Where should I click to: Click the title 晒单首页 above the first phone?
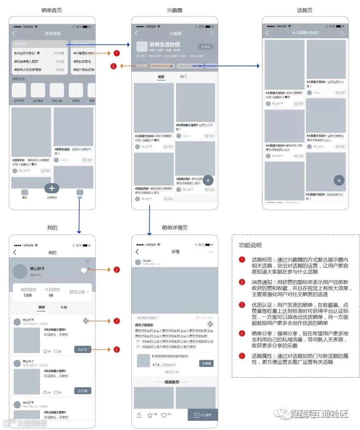(52, 10)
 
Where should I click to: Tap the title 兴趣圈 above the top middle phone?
(174, 10)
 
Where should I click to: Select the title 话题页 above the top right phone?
(305, 10)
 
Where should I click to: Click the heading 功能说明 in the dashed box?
(250, 245)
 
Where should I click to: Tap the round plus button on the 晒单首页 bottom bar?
(52, 189)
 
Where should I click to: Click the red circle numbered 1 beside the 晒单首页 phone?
(116, 53)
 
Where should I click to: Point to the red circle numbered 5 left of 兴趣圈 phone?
(113, 66)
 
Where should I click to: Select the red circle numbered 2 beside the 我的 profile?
(116, 269)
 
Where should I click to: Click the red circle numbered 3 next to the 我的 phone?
(116, 321)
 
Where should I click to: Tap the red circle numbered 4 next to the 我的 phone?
(116, 349)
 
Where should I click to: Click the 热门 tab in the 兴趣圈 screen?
(183, 77)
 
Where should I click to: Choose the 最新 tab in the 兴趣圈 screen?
(161, 77)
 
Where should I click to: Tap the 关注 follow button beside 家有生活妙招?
(205, 47)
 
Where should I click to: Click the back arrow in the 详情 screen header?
(137, 251)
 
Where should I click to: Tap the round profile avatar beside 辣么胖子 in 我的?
(20, 271)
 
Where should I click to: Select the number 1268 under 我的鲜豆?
(28, 295)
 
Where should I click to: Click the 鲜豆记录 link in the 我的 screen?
(79, 292)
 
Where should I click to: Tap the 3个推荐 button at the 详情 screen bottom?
(203, 415)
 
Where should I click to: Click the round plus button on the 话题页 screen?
(339, 181)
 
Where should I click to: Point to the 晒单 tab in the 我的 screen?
(42, 307)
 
